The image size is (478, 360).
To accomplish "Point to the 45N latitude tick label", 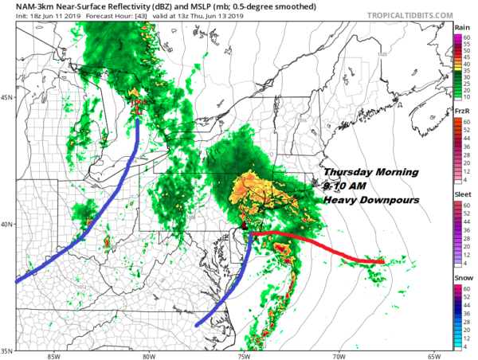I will click(x=6, y=98).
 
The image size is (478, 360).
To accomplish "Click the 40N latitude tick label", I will click(x=6, y=225).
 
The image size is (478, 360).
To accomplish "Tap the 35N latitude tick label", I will click(x=6, y=350).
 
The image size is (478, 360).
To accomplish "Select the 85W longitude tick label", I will click(x=53, y=356).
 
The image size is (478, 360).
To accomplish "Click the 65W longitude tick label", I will click(x=434, y=356).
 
